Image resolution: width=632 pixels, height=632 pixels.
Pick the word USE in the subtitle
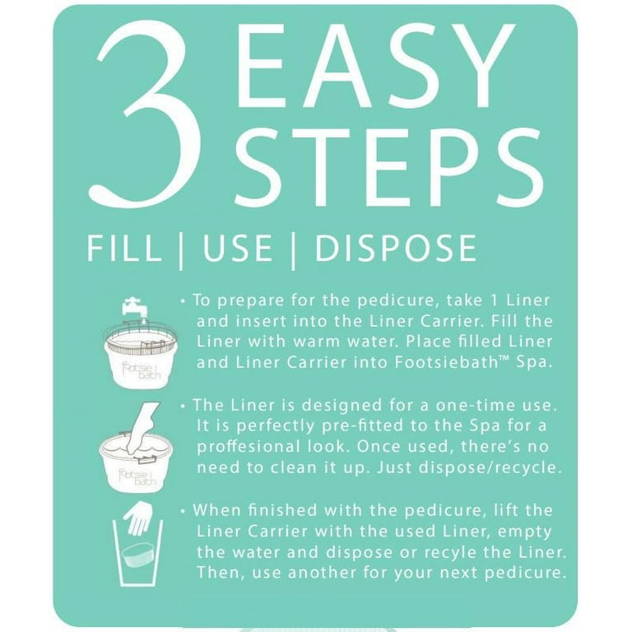[237, 248]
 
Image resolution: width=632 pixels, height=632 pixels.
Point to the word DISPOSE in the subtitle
[396, 248]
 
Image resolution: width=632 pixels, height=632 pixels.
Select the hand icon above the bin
[138, 517]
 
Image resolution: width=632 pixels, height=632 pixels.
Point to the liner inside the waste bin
[138, 555]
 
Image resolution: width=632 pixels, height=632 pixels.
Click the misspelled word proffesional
[249, 447]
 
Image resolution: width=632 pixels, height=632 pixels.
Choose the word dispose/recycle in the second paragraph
[490, 467]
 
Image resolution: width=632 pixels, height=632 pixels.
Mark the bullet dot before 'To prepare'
[184, 300]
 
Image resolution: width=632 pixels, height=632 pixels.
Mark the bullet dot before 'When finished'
[184, 511]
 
